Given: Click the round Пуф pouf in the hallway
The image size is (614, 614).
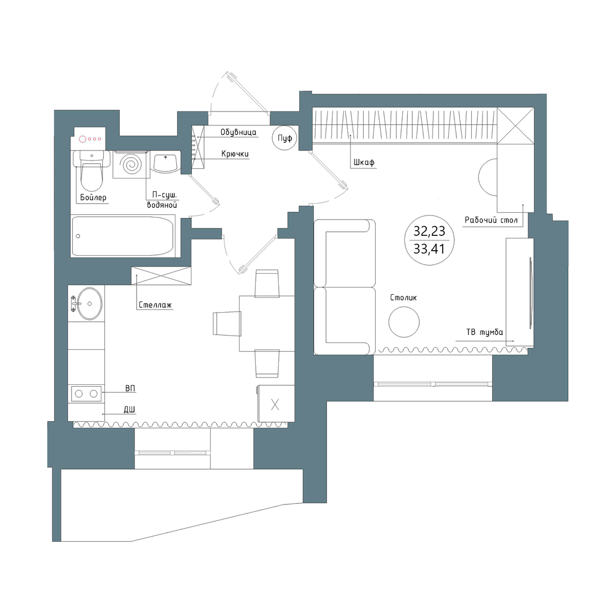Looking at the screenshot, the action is (284, 138).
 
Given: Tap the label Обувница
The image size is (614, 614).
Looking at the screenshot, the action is (238, 132).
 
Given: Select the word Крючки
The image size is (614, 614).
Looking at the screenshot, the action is (235, 153).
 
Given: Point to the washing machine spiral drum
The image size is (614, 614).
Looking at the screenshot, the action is (131, 164).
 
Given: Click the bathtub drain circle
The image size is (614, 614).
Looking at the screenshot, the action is (78, 236).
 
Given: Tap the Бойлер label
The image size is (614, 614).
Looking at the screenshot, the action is (93, 198).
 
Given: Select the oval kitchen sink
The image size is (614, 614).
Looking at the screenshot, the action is (90, 303).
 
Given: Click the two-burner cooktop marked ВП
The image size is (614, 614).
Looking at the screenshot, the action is (86, 394).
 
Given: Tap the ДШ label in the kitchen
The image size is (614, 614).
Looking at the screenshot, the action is (129, 410).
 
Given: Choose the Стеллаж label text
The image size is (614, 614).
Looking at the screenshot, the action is (155, 305).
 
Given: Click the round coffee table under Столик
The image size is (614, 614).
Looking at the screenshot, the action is (404, 322).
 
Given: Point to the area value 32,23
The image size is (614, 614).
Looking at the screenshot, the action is (429, 231).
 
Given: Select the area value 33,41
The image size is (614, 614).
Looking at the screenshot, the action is (429, 249).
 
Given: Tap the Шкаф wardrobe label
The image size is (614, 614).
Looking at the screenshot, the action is (364, 162).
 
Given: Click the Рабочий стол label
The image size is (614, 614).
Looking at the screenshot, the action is (491, 220).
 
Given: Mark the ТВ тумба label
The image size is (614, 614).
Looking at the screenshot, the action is (485, 332).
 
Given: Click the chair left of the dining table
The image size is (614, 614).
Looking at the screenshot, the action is (227, 323).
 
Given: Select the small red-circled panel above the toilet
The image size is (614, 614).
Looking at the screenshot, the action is (90, 139).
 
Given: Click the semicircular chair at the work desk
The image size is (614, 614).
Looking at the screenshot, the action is (488, 178).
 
